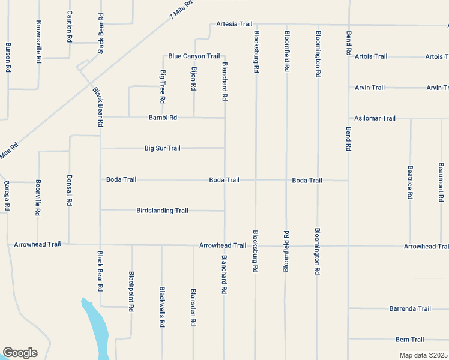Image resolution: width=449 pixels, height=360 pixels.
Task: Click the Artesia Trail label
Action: (x=234, y=24)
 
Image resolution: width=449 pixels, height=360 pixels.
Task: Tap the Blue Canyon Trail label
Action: (x=194, y=56)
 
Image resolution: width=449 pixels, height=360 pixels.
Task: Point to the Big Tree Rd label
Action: (x=163, y=86)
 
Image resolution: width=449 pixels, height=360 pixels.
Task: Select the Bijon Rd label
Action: (x=194, y=78)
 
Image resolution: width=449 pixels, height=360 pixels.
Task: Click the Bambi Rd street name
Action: (x=163, y=118)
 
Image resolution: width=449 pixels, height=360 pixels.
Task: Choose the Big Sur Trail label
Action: (x=162, y=148)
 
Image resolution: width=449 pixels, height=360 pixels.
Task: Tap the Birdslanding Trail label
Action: (x=162, y=211)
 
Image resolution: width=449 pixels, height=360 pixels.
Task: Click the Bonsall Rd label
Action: (x=70, y=191)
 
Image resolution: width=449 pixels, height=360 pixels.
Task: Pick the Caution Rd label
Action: (x=70, y=26)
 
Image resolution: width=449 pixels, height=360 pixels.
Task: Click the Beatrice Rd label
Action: (x=410, y=182)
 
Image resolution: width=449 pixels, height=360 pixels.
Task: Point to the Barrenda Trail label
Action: (x=410, y=308)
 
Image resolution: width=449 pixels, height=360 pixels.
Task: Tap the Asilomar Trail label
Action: (x=375, y=118)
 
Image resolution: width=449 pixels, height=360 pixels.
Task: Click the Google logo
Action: (x=20, y=353)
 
